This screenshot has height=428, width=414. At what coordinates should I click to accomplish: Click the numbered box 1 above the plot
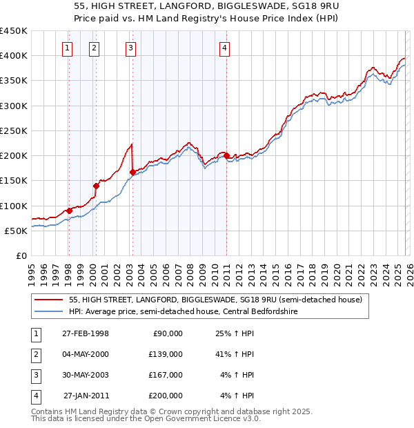(68, 48)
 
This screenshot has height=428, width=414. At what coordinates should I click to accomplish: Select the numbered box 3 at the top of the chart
(131, 48)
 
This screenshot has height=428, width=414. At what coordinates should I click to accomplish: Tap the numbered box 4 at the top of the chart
(225, 48)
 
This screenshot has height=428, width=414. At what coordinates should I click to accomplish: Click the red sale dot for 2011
(226, 156)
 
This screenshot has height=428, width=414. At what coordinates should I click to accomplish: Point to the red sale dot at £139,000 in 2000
(96, 186)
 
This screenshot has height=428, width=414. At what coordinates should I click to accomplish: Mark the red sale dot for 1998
(69, 211)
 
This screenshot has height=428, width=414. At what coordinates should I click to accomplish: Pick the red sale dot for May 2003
(132, 172)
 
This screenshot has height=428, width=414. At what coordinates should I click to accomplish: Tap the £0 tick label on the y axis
(21, 255)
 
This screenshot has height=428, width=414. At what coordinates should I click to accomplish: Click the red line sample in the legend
(49, 300)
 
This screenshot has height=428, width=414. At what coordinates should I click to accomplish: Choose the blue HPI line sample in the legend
(49, 311)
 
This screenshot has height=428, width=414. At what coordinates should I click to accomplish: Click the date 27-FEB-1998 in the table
(86, 333)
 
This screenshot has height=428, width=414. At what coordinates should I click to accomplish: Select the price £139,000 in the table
(166, 354)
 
